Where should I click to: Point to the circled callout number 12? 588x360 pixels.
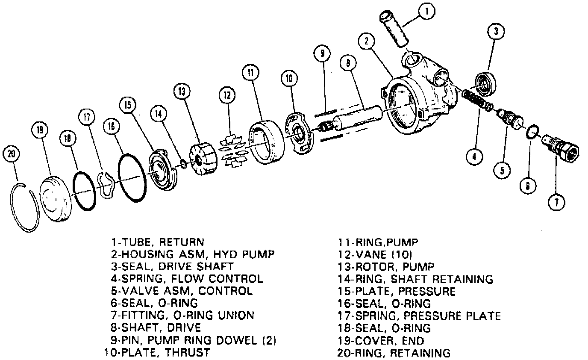point(227,95)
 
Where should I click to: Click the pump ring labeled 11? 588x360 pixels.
point(266,142)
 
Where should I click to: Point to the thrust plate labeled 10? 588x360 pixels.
point(299,133)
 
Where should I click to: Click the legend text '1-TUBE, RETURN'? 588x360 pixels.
point(157,242)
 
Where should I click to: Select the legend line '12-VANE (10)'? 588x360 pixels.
point(375,255)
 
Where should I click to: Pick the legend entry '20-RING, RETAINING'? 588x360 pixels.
point(394,353)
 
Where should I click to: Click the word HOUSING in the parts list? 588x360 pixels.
point(144,254)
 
